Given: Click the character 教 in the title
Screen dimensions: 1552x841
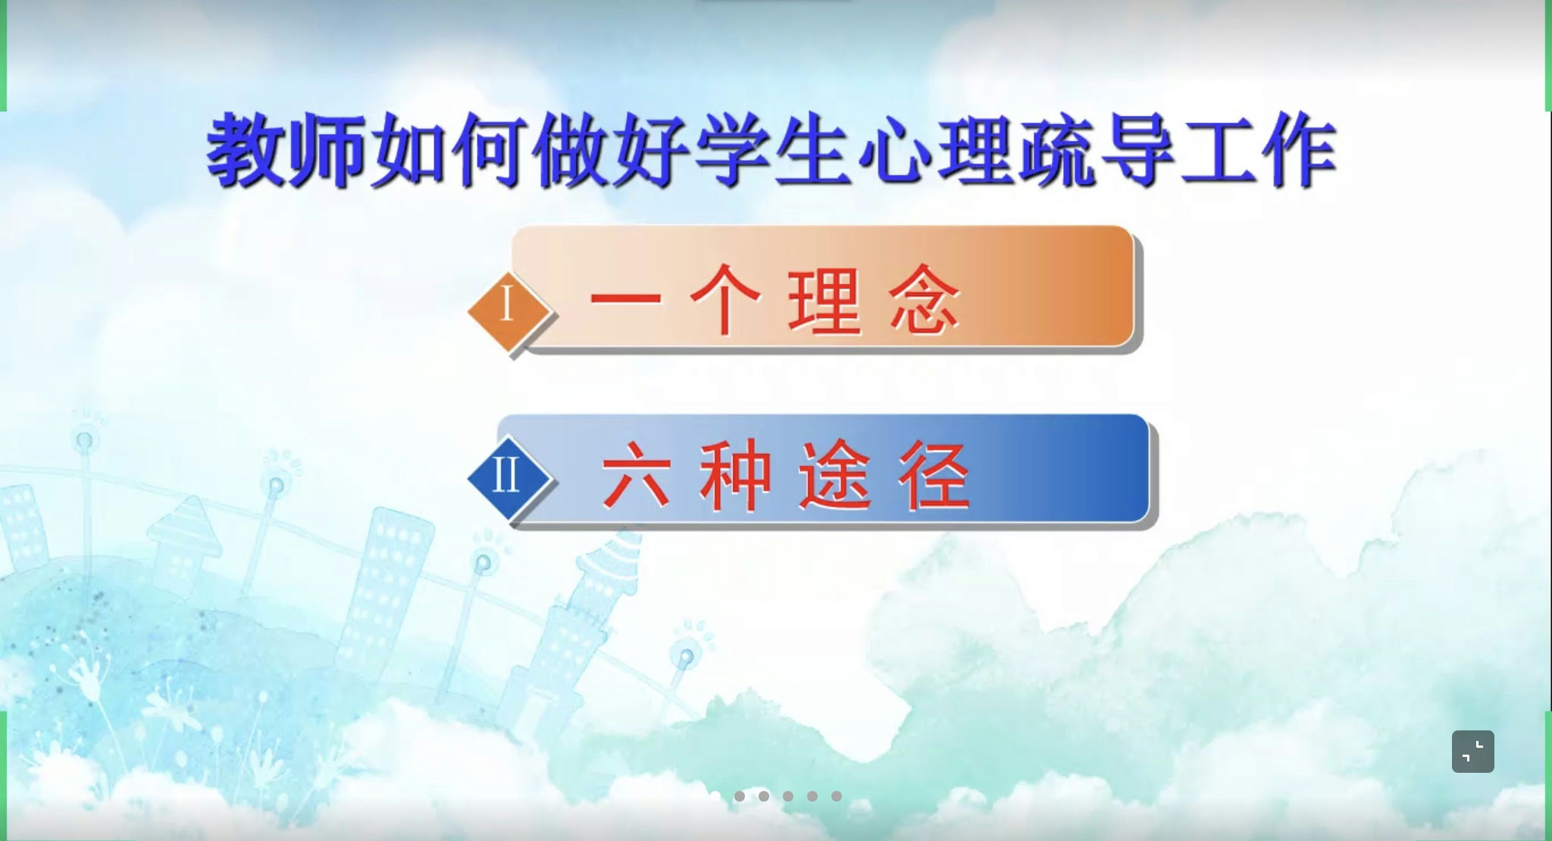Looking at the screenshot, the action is [x=247, y=151].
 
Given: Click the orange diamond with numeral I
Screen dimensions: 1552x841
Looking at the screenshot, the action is [x=508, y=311].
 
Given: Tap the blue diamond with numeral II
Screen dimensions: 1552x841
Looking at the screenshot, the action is [x=508, y=478].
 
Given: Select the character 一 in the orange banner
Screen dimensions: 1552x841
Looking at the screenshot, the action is [x=626, y=298].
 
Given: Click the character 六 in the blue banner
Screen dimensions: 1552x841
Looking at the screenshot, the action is [x=636, y=475].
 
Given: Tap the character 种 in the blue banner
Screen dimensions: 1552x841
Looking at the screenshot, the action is [x=735, y=475].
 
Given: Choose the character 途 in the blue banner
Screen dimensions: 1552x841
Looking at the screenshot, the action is [x=834, y=475].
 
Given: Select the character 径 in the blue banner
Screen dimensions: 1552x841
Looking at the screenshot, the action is [x=934, y=475].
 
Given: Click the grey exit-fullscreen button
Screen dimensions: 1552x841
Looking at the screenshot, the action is [x=1472, y=752].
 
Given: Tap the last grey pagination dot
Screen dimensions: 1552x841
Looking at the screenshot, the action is [x=837, y=796].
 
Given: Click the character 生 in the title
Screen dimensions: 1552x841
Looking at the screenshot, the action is [x=812, y=151].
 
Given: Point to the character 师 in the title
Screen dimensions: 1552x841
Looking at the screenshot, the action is [x=327, y=151].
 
